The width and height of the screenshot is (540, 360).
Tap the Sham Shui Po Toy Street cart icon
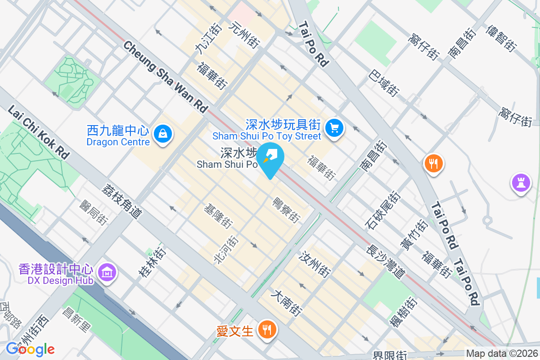333,128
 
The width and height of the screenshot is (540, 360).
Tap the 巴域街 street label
384,83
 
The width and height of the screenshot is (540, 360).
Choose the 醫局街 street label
94,213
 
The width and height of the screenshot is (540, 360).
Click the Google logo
30,349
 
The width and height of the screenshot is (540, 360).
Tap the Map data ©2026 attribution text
502,354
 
